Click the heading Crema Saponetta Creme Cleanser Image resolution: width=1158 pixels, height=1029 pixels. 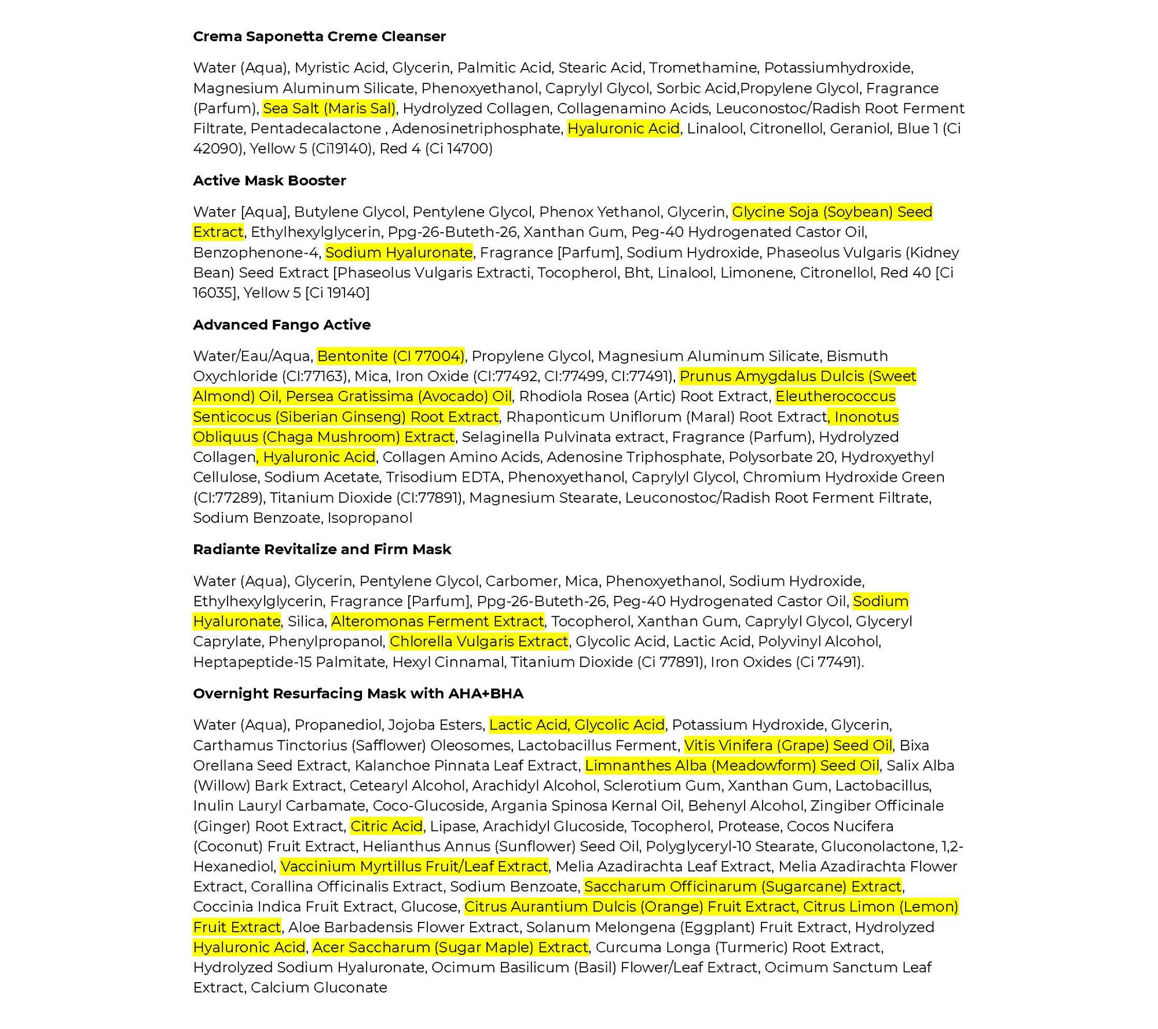[x=319, y=36]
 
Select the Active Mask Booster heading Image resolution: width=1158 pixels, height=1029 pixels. [x=269, y=181]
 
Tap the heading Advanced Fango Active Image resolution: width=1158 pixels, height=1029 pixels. [x=281, y=325]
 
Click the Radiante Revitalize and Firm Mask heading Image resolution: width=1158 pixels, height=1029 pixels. [x=322, y=550]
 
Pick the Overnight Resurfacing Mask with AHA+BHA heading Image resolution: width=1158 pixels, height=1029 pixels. [x=358, y=694]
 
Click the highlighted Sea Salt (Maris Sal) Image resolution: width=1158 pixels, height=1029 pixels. [x=329, y=108]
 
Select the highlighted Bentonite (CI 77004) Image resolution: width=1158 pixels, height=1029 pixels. [x=391, y=356]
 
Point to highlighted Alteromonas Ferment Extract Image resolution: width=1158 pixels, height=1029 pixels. [x=437, y=621]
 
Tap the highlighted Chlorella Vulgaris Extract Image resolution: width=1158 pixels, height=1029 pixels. [x=479, y=642]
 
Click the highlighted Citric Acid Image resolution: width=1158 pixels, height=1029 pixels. [x=387, y=826]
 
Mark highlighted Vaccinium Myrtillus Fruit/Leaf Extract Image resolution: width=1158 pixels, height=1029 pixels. [x=414, y=867]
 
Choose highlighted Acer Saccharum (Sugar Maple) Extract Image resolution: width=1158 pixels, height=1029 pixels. [x=450, y=947]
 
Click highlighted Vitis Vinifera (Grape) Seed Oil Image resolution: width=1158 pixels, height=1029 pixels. [x=788, y=745]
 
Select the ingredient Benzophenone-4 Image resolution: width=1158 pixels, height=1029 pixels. [x=255, y=252]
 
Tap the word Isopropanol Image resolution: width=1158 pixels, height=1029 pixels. [x=370, y=518]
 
